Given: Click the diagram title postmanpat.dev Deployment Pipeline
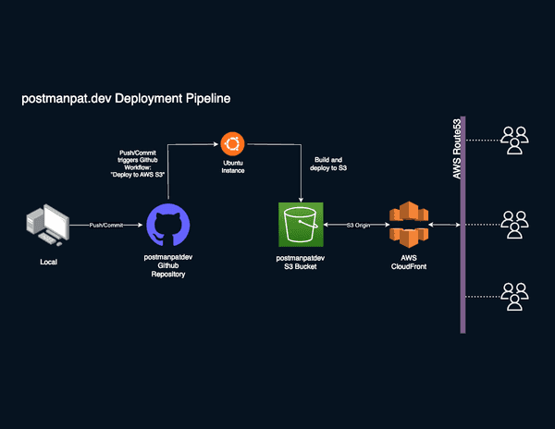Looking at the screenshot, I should (x=125, y=97).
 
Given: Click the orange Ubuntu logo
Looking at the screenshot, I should (x=232, y=143).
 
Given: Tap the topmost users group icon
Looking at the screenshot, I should (x=513, y=140).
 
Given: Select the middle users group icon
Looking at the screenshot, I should (x=513, y=225).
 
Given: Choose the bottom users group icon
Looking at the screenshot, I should (x=513, y=296).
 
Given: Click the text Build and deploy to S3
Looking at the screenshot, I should (x=328, y=165).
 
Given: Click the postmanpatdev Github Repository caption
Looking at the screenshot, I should (x=167, y=269).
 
